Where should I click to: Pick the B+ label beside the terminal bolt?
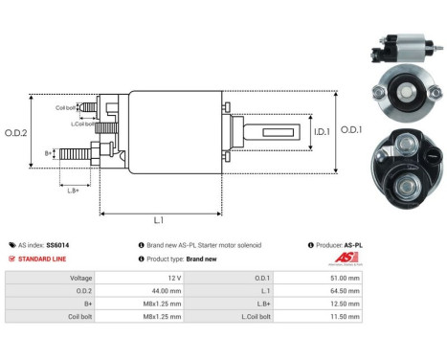[x=49, y=152]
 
